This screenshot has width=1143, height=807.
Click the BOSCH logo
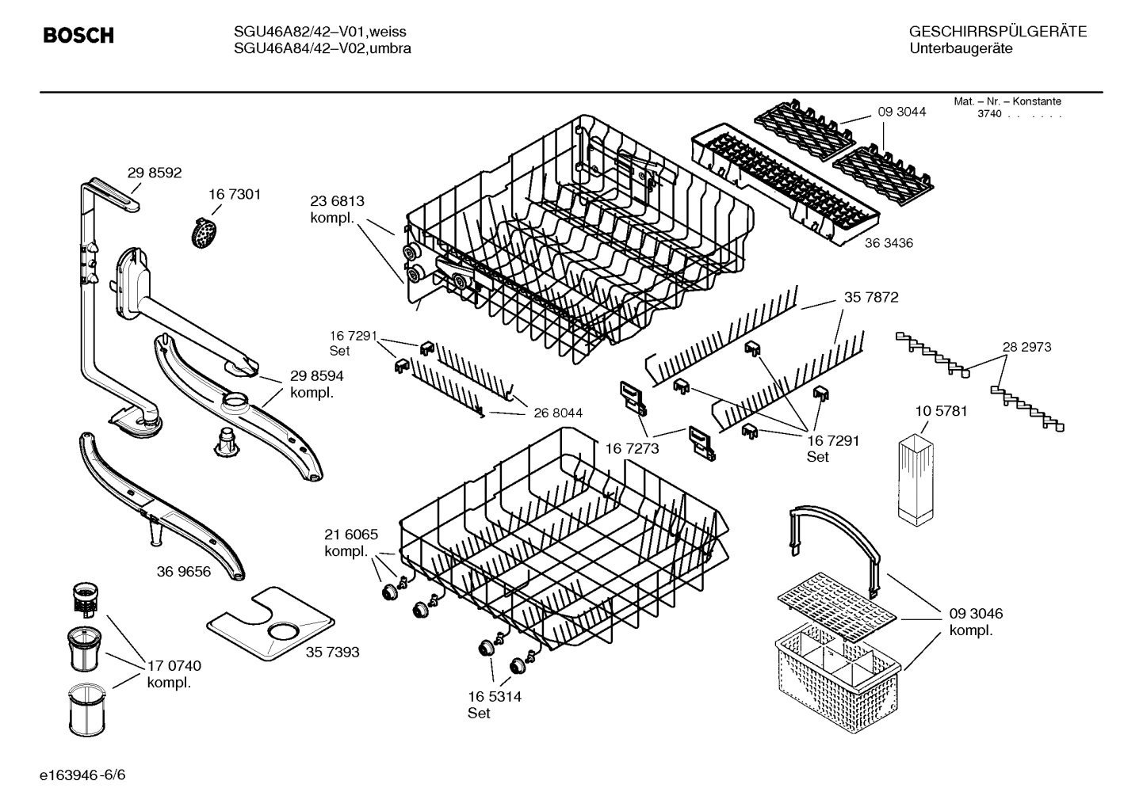[x=78, y=36]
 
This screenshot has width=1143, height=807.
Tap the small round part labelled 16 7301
[x=205, y=232]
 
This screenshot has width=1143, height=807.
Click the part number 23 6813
[x=337, y=202]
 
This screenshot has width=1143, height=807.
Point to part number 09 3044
[x=901, y=112]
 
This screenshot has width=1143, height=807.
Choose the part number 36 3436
[x=889, y=243]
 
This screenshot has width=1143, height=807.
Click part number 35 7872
[x=871, y=298]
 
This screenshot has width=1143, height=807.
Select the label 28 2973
[x=1026, y=347]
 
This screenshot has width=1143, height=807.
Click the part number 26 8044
[x=558, y=413]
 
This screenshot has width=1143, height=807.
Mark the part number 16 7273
[x=633, y=449]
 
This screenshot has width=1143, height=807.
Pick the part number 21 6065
[x=351, y=535]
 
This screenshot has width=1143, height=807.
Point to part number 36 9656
[x=184, y=571]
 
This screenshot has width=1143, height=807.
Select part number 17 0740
[x=174, y=666]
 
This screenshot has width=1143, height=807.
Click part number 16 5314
[x=495, y=697]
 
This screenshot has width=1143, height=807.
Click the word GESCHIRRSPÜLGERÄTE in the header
[x=997, y=32]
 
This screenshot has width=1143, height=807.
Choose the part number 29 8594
[x=316, y=376]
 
